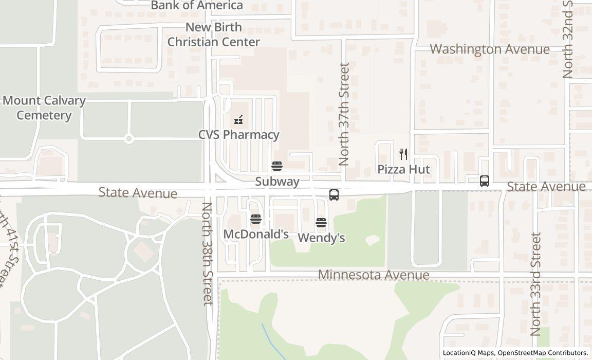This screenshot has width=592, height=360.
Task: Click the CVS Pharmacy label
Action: (x=239, y=135)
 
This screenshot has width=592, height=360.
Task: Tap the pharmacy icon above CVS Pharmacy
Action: (x=238, y=120)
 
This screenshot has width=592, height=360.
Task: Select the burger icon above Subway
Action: (x=276, y=166)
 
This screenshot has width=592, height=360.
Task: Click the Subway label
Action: (x=277, y=182)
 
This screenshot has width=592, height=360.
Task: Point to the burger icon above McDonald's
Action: (x=255, y=220)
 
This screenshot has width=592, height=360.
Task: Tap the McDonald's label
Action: (x=256, y=235)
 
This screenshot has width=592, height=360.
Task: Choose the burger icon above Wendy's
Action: (x=321, y=223)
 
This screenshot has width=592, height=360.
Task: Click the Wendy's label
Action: (x=321, y=238)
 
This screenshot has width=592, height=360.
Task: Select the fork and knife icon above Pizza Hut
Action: (x=403, y=154)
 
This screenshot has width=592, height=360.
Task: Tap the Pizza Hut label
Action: (x=403, y=169)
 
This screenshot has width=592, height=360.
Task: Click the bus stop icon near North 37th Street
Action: (x=334, y=195)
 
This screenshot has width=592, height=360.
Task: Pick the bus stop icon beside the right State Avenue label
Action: (x=484, y=181)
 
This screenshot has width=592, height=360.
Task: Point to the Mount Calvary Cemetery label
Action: (x=44, y=107)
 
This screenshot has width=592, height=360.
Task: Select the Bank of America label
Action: (x=197, y=6)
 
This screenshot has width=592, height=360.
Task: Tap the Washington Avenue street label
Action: (x=490, y=49)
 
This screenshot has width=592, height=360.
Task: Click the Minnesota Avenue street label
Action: (x=374, y=275)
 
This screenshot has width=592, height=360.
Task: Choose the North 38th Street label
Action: (x=207, y=254)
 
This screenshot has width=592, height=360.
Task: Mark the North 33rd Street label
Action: (x=536, y=284)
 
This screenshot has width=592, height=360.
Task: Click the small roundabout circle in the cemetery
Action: (x=128, y=138)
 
